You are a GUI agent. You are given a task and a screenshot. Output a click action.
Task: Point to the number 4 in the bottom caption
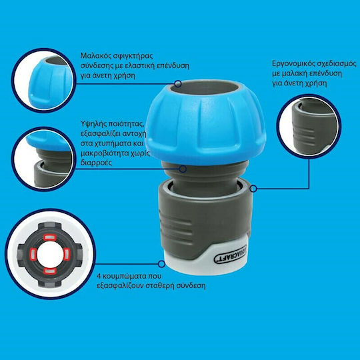(x=99, y=276)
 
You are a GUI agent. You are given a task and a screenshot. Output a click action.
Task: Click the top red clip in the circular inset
(x=50, y=237)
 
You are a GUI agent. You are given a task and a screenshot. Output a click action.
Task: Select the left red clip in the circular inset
(x=33, y=255)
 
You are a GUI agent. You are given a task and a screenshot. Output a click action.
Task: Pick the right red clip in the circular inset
(x=66, y=255)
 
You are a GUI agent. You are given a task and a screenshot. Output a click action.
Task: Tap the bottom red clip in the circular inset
(x=50, y=271)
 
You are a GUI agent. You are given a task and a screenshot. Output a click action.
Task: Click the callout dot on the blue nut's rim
(x=178, y=84)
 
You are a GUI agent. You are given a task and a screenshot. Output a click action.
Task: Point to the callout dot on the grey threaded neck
(x=183, y=169)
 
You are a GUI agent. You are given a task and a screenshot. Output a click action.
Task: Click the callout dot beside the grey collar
(x=253, y=189)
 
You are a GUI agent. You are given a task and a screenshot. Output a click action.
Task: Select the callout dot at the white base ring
(x=161, y=264)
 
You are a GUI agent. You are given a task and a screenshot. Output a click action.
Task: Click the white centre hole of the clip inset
(x=49, y=255)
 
